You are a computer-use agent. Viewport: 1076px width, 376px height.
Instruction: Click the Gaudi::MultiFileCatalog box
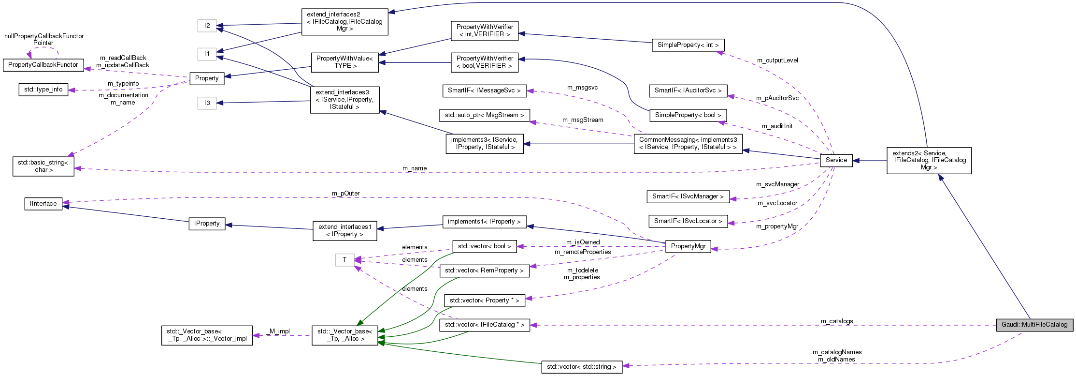pos(1034,325)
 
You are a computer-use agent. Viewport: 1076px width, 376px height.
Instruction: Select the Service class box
pos(836,160)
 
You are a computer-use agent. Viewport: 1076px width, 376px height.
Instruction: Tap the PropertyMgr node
pos(688,246)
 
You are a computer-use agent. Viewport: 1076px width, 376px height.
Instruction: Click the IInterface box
pos(43,204)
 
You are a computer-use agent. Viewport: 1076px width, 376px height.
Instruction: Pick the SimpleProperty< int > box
pos(688,45)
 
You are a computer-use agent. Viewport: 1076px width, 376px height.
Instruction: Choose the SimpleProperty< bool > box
pos(688,115)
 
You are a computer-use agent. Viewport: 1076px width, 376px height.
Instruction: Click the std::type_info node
pos(43,90)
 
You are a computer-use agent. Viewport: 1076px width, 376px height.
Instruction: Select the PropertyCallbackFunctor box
pos(43,65)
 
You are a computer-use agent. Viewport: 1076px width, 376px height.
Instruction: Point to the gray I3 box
pos(207,103)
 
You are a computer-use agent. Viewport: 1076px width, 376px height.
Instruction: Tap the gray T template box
pos(344,260)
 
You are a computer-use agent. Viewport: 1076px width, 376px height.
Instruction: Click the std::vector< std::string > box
pos(581,367)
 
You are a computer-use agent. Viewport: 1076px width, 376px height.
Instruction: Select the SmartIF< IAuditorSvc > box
pos(688,90)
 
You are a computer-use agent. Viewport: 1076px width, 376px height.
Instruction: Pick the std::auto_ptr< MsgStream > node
pos(484,115)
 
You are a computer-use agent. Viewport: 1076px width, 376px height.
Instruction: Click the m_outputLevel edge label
pos(777,60)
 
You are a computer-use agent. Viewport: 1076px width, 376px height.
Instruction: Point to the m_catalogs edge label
pos(836,321)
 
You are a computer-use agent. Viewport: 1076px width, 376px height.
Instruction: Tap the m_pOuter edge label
pos(345,194)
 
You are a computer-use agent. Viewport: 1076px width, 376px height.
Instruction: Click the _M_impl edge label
pos(279,331)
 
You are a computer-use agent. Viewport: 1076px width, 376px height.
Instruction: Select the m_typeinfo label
pos(123,84)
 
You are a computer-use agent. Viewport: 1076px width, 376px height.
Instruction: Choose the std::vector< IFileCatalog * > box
pos(484,325)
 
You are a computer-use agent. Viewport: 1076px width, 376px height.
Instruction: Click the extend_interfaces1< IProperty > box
pos(344,230)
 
